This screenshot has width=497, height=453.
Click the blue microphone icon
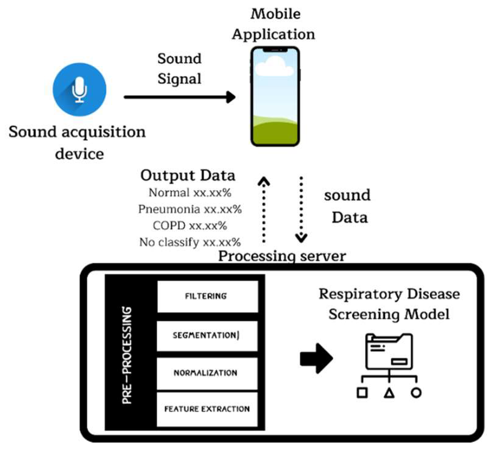(x=79, y=89)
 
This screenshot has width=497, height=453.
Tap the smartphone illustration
(x=275, y=97)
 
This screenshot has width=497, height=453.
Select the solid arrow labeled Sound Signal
(x=180, y=97)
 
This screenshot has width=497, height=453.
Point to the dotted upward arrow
(x=264, y=210)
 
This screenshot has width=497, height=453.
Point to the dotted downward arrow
(x=301, y=210)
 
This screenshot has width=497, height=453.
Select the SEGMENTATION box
(x=207, y=336)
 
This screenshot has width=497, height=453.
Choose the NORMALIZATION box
(x=207, y=373)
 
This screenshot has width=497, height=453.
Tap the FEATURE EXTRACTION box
(x=207, y=409)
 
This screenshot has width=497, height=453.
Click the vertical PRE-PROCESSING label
(x=127, y=355)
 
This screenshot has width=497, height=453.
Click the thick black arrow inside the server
(x=316, y=358)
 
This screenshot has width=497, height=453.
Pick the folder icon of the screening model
(x=389, y=352)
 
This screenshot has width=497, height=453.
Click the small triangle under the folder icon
(x=389, y=393)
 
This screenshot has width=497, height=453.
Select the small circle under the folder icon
(x=416, y=393)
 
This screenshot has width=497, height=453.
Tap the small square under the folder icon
(x=362, y=393)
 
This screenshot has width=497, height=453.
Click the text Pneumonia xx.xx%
(x=190, y=209)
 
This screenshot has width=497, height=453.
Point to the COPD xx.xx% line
(x=190, y=226)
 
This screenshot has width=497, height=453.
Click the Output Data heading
(x=188, y=176)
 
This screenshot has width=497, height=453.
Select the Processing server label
(x=282, y=256)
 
